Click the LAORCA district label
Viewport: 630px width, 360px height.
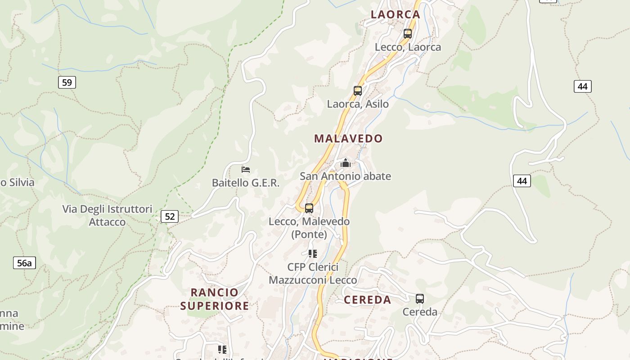395,14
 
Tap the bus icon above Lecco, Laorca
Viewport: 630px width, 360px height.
408,34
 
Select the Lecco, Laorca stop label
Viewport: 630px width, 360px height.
408,47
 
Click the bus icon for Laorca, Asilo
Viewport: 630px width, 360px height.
358,91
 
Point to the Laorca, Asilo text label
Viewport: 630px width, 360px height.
358,104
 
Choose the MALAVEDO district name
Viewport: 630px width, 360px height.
348,139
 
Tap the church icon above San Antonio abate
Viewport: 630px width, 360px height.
345,163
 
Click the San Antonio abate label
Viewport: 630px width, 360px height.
345,176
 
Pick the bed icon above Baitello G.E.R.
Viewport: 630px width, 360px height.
246,170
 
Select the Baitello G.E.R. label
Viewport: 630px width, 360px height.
246,183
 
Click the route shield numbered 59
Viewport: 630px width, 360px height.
67,82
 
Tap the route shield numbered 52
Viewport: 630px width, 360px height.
170,216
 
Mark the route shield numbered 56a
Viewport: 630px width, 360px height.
24,263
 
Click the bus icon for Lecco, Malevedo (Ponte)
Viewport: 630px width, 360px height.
309,208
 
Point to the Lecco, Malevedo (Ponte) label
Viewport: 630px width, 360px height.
309,228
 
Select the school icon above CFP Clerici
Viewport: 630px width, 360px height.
313,254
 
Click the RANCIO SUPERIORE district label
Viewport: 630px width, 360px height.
215,299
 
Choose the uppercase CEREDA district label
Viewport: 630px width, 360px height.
367,300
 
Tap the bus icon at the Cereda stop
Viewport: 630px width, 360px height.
420,299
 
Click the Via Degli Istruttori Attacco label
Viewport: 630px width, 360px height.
107,216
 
